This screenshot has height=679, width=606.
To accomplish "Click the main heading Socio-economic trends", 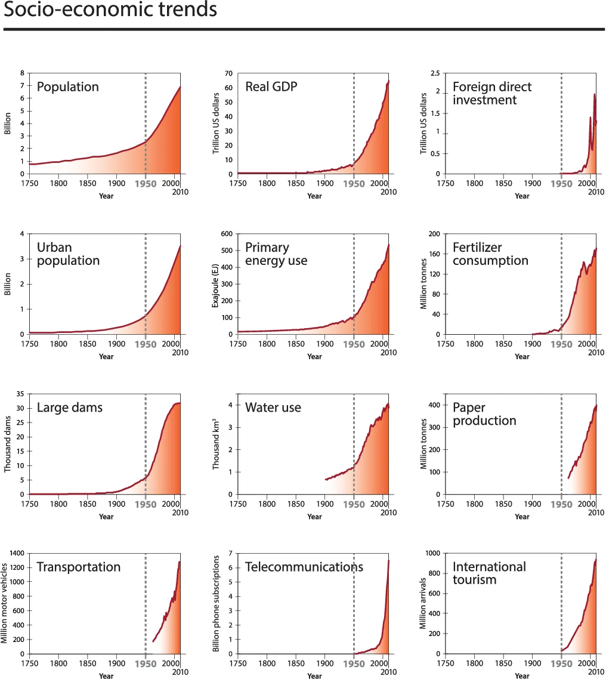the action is (110, 9).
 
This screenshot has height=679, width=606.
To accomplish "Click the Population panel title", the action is (68, 87).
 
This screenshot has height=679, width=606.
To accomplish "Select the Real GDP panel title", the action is (271, 87).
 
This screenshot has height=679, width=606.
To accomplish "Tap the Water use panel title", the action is (273, 408).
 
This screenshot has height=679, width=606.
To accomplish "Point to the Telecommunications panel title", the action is (304, 567).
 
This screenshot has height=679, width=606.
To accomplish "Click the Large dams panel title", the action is (70, 408).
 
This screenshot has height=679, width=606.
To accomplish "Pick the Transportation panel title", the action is (79, 567).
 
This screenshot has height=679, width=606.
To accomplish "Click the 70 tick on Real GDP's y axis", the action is (228, 73).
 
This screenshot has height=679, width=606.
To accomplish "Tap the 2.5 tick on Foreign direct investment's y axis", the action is (435, 73).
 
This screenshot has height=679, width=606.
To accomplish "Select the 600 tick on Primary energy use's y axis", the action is (227, 234).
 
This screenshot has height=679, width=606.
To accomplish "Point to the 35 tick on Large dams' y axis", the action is (20, 394).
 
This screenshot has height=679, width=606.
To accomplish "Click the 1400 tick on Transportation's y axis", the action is (17, 554).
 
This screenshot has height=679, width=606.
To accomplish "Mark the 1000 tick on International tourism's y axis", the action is (433, 554).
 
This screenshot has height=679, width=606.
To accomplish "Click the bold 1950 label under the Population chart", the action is (146, 184).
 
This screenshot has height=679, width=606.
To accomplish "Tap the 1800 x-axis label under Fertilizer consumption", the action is (474, 344).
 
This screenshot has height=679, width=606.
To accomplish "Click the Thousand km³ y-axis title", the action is (215, 445).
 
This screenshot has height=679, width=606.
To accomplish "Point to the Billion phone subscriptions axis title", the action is (216, 604).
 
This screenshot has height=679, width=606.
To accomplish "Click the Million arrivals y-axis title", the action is (423, 604).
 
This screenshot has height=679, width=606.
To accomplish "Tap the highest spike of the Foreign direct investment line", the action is (594, 94).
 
